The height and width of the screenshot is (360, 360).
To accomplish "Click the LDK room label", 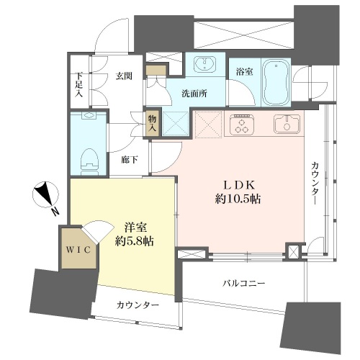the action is click(238, 185).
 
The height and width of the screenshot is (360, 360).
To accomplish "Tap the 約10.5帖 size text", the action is click(238, 199).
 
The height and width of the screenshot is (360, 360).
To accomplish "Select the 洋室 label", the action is click(135, 228).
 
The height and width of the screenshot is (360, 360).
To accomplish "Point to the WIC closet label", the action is click(78, 250).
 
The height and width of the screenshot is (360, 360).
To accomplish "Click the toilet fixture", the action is click(90, 162).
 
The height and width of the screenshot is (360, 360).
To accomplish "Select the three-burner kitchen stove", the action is click(242, 125).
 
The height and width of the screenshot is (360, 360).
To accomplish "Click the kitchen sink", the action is click(287, 124).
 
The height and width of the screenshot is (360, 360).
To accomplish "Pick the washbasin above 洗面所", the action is click(204, 63).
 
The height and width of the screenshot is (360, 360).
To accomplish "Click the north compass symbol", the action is click(45, 194).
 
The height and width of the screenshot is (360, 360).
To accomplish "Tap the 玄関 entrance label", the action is click(124, 76).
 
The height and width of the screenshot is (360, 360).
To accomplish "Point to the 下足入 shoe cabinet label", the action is click(78, 85).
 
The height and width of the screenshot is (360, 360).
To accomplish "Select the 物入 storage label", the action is click(152, 123).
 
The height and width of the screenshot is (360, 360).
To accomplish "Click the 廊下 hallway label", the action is click(130, 160).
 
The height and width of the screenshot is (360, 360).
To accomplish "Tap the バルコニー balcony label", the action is click(243, 284).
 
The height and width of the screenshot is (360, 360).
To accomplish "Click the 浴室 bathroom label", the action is click(244, 71).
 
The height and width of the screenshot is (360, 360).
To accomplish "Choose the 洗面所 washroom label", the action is click(194, 94).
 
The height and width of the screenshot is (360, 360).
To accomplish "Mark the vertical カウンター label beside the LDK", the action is click(315, 184).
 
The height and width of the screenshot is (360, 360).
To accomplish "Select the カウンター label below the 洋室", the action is click(138, 305).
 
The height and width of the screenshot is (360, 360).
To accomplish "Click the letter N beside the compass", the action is click(55, 212).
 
